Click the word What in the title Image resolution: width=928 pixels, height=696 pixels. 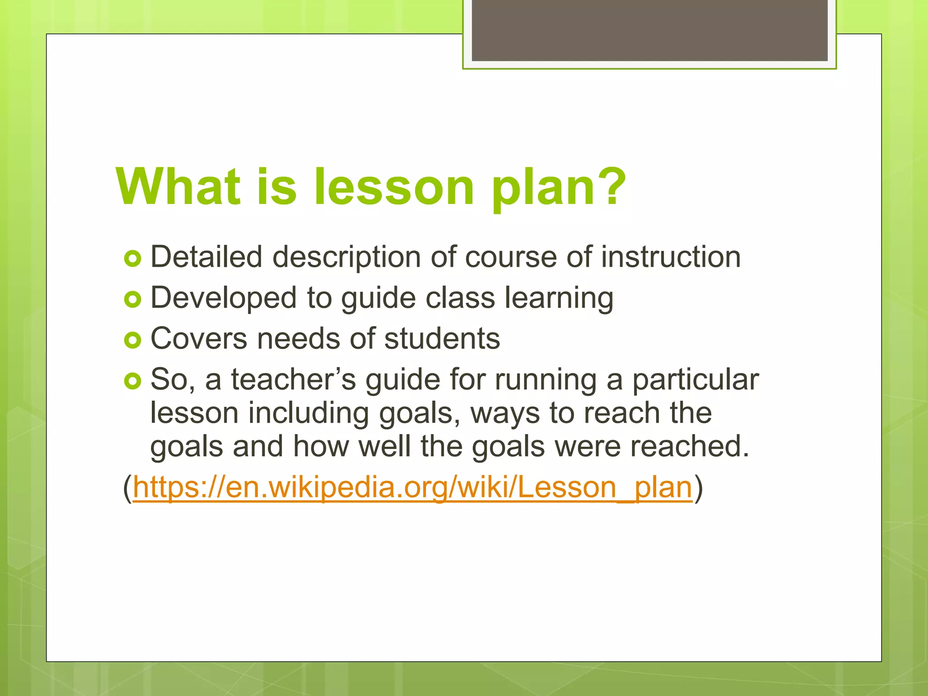click(x=178, y=187)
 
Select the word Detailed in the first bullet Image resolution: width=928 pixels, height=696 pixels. click(x=206, y=257)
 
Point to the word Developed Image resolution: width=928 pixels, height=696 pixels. click(x=223, y=298)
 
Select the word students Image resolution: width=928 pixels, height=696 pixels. click(x=442, y=338)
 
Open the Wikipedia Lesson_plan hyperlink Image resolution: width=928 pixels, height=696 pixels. click(x=412, y=488)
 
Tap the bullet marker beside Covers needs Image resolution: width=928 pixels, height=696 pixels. click(x=133, y=340)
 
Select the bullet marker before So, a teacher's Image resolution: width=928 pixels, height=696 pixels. click(x=133, y=381)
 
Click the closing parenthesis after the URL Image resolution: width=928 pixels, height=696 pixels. click(x=698, y=488)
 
